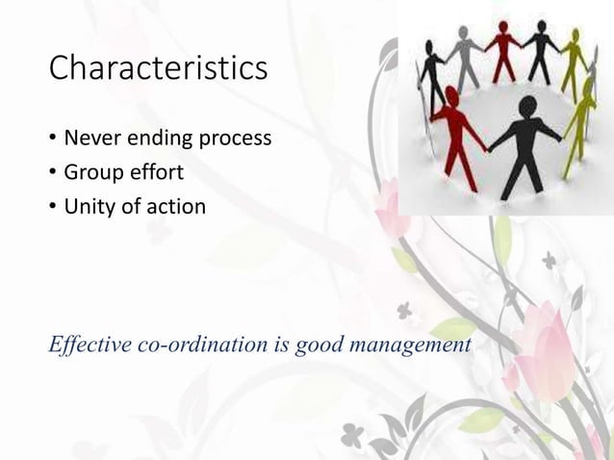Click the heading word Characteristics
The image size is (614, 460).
(x=158, y=69)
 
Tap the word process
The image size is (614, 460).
(x=235, y=141)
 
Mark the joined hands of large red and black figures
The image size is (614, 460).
(x=488, y=147)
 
